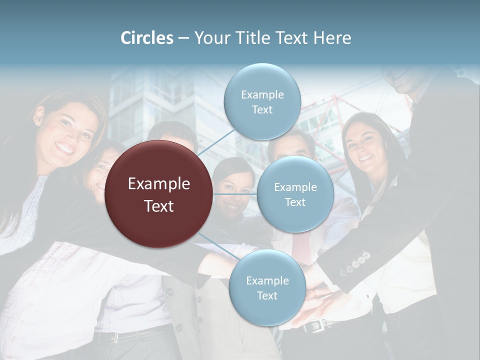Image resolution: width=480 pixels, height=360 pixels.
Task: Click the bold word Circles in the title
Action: (147, 38)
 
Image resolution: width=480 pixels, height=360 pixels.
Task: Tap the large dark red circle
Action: (159, 194)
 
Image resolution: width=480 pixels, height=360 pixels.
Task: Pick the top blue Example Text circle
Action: (262, 101)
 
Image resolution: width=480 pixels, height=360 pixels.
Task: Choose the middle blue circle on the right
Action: (295, 194)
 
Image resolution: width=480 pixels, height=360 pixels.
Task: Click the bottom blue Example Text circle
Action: (267, 287)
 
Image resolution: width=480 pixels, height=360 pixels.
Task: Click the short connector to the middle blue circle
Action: (235, 194)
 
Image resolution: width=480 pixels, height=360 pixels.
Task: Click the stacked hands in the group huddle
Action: (320, 300)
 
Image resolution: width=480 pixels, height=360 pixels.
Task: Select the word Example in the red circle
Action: (159, 184)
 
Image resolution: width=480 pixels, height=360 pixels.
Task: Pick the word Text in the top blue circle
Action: (262, 109)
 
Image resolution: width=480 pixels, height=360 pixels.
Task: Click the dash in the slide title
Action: (183, 38)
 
